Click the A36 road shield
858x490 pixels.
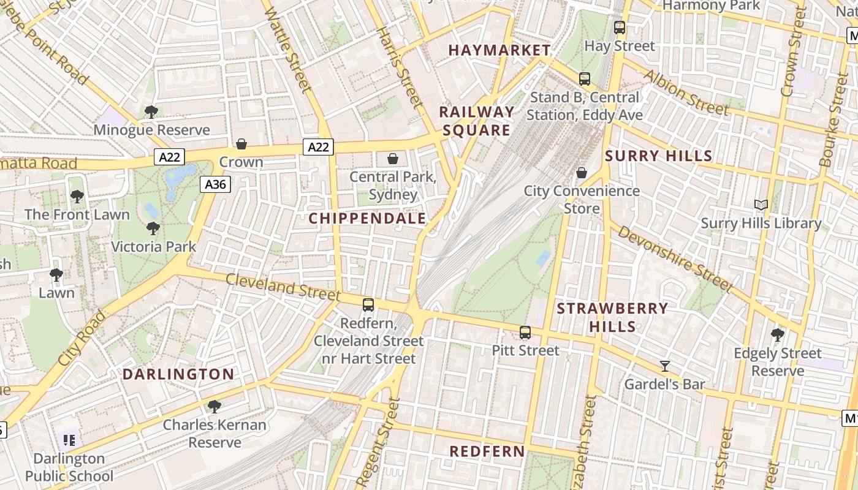(x=215, y=184)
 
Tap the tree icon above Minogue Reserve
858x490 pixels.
(x=151, y=112)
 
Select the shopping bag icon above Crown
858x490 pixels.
(x=241, y=144)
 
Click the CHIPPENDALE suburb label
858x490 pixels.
(x=367, y=218)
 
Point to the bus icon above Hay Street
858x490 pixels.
(x=620, y=28)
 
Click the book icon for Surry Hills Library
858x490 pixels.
(x=761, y=205)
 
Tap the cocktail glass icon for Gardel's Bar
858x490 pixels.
(x=664, y=366)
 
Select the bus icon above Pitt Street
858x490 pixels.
(x=525, y=333)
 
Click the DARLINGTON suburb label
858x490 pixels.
(x=178, y=374)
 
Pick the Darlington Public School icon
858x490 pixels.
(x=69, y=440)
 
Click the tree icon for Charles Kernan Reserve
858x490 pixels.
(x=214, y=406)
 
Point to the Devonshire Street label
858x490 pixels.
(x=675, y=258)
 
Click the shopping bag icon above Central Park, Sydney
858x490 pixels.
(x=393, y=159)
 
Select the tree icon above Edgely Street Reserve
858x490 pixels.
(x=778, y=335)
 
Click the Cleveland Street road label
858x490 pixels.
(x=274, y=287)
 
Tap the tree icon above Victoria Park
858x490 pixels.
(x=153, y=228)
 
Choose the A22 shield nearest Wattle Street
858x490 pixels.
(x=318, y=146)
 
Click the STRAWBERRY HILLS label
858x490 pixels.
(x=612, y=317)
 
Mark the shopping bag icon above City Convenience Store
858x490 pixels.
(x=582, y=173)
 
